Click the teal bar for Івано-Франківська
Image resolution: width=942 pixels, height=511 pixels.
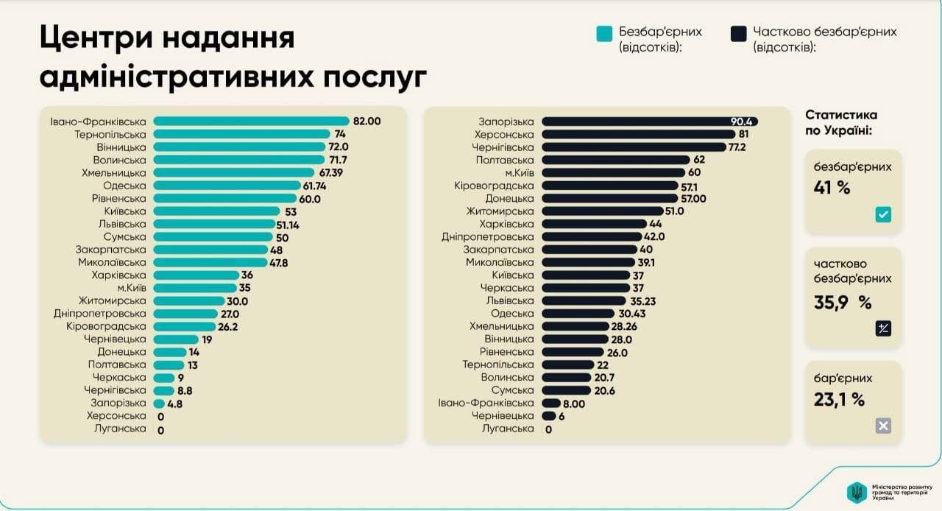coord(251,121)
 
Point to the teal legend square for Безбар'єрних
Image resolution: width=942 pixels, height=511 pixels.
coord(604,33)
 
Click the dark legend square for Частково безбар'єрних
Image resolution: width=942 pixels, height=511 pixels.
coord(738,33)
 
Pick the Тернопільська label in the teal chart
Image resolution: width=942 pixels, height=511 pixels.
coord(110,134)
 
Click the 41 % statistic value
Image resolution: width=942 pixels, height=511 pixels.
coord(832,188)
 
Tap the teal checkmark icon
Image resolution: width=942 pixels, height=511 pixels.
coord(883,215)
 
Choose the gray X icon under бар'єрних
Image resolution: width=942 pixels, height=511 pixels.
coord(883,426)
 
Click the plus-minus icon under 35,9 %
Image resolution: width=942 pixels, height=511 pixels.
coord(883,329)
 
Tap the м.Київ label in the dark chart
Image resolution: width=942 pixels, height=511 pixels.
coord(517,173)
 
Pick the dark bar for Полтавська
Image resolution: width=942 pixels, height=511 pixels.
coord(615,160)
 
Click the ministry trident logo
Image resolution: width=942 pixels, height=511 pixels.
coord(856,492)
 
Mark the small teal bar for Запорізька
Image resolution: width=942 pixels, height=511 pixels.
coord(159,403)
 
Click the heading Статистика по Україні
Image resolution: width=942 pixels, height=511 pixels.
coord(840,122)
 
